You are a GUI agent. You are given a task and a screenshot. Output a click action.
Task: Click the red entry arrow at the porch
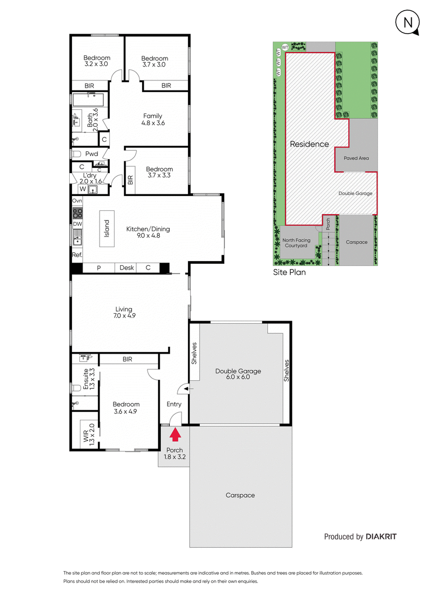click(x=175, y=435)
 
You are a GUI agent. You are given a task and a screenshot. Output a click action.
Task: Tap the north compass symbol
click(x=406, y=22)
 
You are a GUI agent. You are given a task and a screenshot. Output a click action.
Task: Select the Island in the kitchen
click(x=106, y=229)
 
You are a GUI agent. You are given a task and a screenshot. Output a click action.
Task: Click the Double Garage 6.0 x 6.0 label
click(x=238, y=374)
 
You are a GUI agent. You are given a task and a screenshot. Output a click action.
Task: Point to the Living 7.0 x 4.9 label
click(x=124, y=313)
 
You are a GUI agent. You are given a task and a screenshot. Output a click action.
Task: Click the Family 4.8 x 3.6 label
click(x=153, y=119)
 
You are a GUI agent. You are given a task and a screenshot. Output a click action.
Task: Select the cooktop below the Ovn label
click(x=77, y=212)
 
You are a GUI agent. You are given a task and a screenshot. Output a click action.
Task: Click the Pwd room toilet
click(x=77, y=154)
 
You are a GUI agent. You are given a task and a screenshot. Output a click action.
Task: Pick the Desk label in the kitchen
click(x=127, y=268)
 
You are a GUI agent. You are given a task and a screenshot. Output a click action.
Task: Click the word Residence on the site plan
click(x=309, y=144)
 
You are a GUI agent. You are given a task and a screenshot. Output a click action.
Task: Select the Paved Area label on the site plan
click(x=356, y=158)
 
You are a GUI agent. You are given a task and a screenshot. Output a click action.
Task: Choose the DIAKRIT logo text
click(x=381, y=536)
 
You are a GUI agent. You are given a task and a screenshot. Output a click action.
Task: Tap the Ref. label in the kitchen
click(x=77, y=255)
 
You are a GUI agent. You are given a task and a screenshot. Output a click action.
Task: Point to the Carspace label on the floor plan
click(x=240, y=495)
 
